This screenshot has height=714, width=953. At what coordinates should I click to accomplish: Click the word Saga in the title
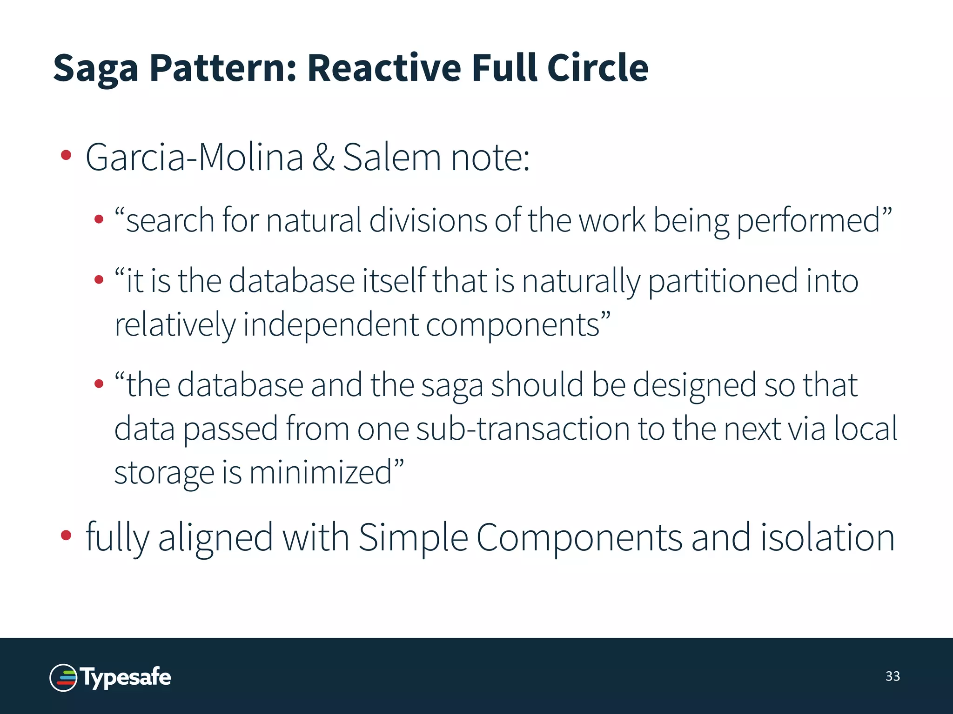[96, 68]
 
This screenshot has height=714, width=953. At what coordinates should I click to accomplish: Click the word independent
[331, 324]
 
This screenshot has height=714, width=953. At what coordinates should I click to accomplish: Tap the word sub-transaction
[523, 429]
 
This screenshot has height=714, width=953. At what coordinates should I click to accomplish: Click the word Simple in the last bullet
[413, 537]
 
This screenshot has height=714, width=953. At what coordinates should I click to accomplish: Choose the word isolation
[827, 537]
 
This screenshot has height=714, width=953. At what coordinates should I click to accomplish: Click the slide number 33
[893, 676]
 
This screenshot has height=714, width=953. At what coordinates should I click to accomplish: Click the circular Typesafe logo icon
[63, 677]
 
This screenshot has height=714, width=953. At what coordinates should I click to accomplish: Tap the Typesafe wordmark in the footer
[126, 677]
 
